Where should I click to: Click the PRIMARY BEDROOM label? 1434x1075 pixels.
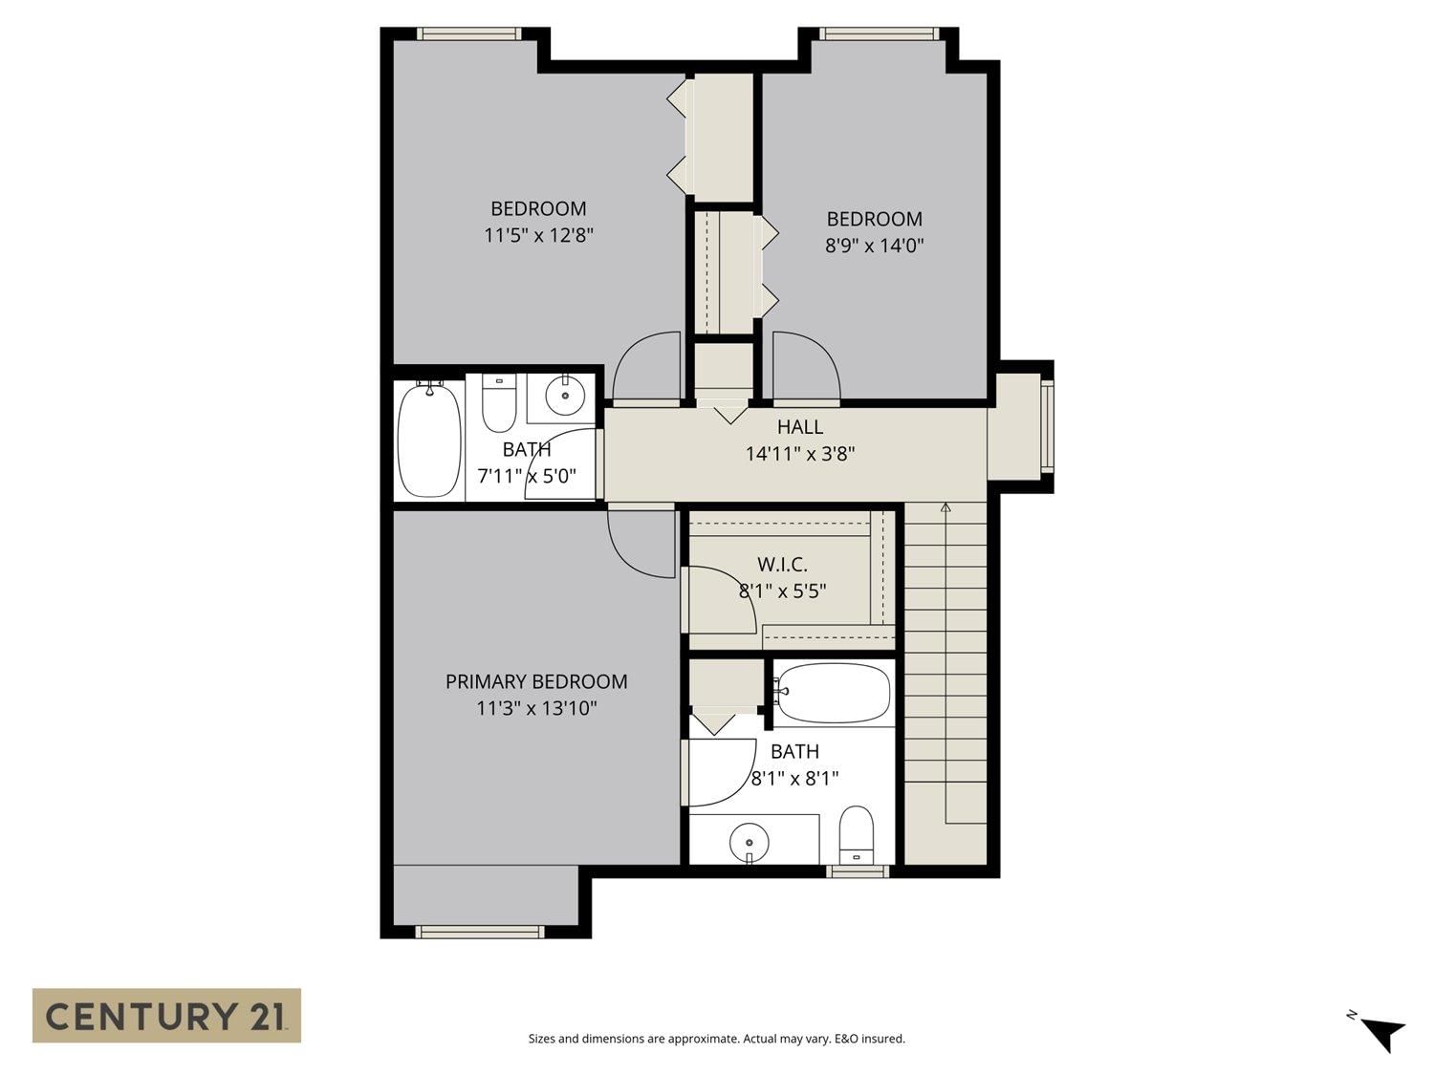[x=535, y=681]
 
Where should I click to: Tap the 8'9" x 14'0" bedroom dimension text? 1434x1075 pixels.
[x=874, y=246]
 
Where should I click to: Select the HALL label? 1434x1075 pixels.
[x=799, y=427]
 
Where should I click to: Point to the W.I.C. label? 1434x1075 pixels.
[x=782, y=564]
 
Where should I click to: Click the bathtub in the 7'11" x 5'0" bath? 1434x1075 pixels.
[x=429, y=439]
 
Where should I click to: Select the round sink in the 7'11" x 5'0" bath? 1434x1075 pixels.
[x=564, y=396]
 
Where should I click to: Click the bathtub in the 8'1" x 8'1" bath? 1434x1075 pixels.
[x=832, y=693]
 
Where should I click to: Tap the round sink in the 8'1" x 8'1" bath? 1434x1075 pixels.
[x=749, y=842]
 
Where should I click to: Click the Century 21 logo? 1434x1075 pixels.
[x=166, y=1015]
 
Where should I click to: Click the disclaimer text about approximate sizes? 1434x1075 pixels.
[x=717, y=1039]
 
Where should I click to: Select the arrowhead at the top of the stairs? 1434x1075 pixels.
[x=945, y=506]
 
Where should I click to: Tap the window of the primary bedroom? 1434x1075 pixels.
[x=480, y=932]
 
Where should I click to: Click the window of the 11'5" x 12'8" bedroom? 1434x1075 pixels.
[x=469, y=33]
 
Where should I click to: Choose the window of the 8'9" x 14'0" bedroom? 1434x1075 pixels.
[x=880, y=33]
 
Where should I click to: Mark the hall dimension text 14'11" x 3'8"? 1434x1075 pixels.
[x=800, y=454]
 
